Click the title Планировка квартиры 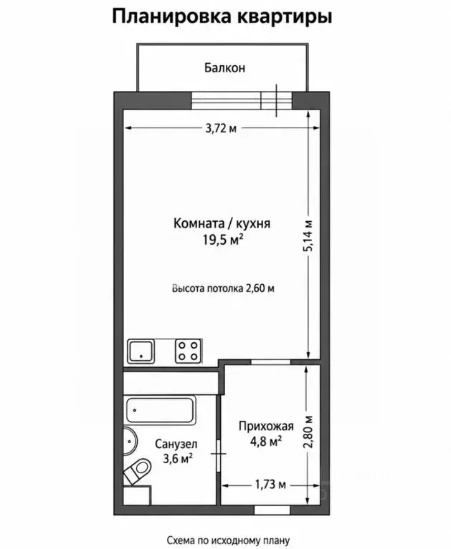[222, 16]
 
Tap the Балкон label [225, 67]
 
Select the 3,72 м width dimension [221, 129]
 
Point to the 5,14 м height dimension [309, 235]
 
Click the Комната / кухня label [222, 223]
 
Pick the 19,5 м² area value [223, 240]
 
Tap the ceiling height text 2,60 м [260, 288]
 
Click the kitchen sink [141, 351]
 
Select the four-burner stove [189, 351]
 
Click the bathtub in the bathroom [161, 410]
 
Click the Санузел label [176, 444]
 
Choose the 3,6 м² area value [178, 458]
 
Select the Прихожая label [266, 426]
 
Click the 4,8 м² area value [266, 441]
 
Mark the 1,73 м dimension [270, 485]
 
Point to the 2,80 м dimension [308, 432]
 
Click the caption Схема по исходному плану [228, 540]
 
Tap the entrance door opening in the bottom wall [272, 510]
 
